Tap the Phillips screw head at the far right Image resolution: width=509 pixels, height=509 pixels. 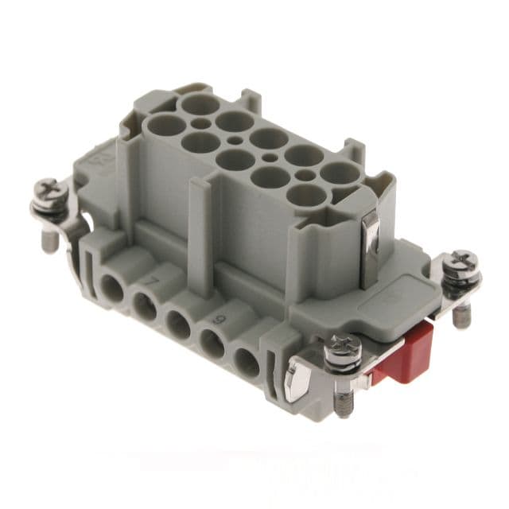(460, 262)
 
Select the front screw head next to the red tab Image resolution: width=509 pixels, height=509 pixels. (344, 350)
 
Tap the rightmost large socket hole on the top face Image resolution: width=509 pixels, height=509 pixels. (338, 173)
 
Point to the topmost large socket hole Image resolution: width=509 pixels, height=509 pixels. (196, 103)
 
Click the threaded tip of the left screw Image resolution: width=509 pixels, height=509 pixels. (50, 241)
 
